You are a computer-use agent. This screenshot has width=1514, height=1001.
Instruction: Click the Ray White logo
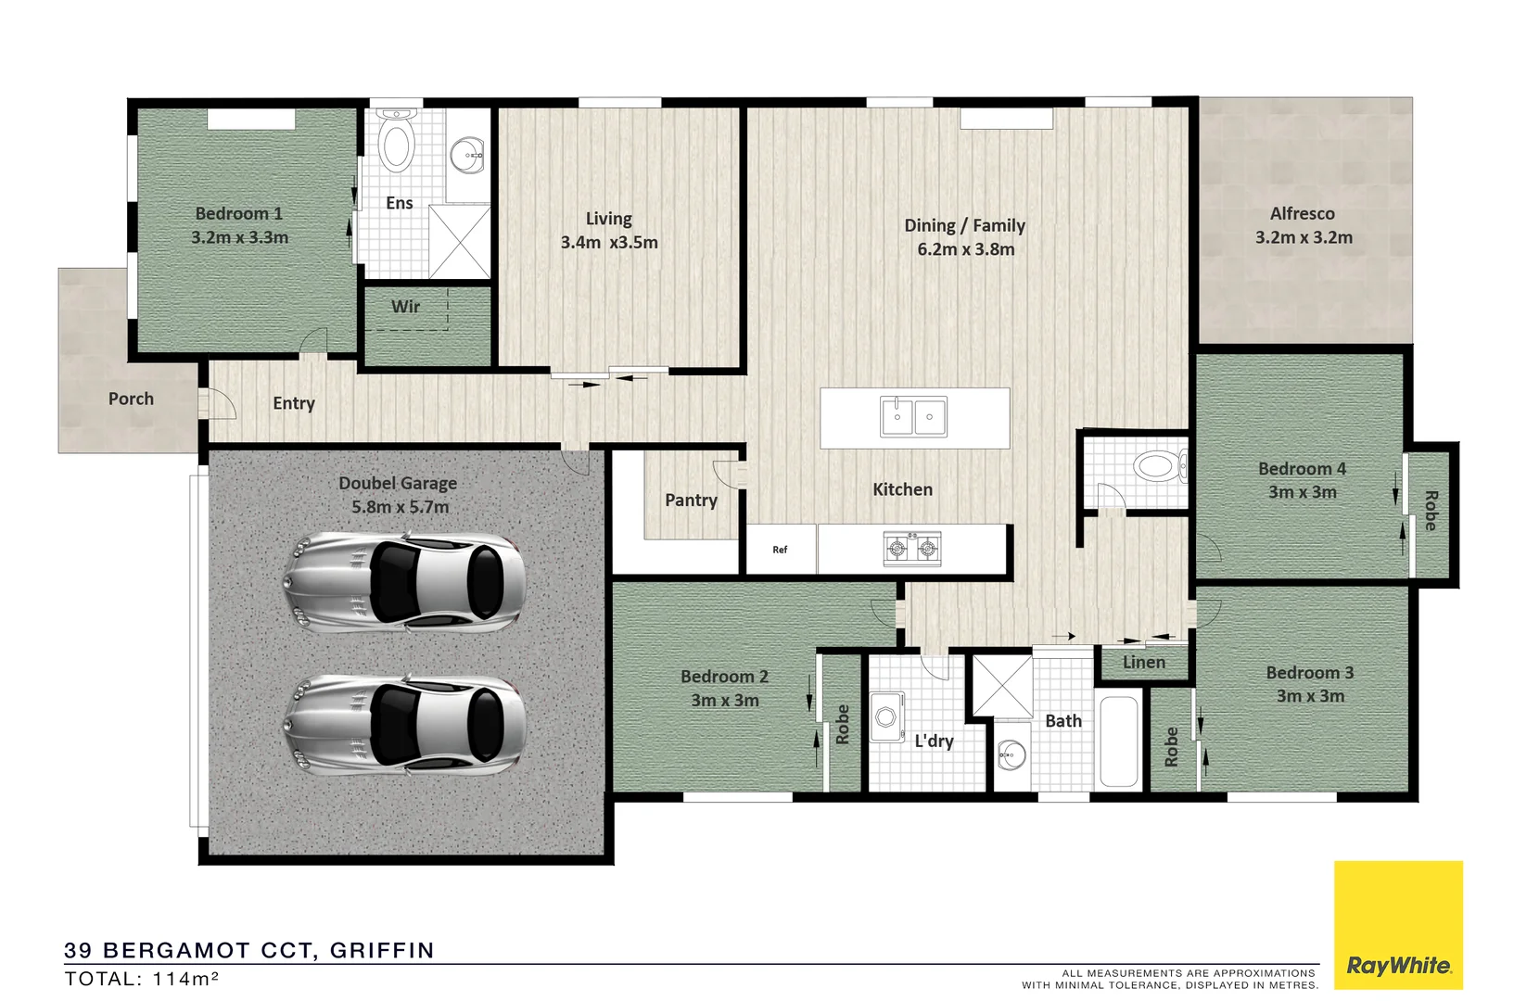1398,966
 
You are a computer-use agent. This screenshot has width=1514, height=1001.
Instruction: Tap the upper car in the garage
403,583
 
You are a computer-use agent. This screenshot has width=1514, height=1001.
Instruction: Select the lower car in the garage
403,725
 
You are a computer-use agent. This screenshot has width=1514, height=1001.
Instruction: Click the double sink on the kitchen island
913,417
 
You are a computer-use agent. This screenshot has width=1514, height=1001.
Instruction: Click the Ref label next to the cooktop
780,550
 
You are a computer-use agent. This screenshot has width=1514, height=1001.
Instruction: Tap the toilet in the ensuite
397,142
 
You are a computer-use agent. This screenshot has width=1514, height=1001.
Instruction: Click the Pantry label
691,500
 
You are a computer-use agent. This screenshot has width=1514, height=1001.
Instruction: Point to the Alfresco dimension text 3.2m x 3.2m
1304,237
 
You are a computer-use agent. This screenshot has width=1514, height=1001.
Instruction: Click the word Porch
131,399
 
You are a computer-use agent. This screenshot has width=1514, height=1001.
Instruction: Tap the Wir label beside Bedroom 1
405,307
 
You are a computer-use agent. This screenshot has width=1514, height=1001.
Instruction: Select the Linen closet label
1143,662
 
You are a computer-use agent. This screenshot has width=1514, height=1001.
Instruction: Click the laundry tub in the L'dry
886,716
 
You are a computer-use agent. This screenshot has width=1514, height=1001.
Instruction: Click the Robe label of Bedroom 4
1430,511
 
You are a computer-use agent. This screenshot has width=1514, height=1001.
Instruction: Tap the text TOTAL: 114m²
141,979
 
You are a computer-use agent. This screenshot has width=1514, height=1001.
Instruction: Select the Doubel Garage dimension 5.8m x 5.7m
400,507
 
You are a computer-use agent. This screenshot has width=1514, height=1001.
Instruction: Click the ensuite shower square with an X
459,241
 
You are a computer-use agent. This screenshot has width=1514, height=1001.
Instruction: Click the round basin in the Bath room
1011,755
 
